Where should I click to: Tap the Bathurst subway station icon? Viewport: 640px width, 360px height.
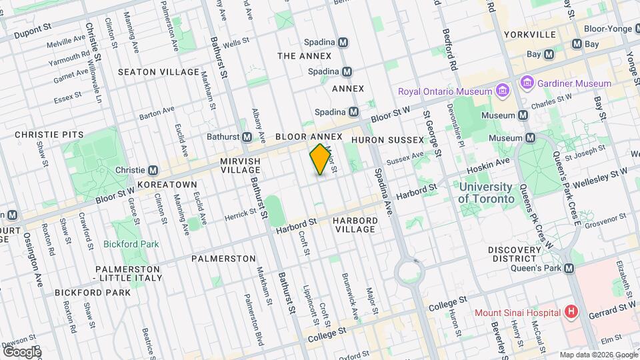coord(247,137)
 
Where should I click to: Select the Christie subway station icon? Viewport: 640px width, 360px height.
coord(153,170)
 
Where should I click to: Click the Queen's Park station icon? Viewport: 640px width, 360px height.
coord(569,268)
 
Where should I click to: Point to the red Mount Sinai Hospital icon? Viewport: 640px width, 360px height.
coord(571,312)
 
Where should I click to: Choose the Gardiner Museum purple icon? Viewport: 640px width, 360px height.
coord(527,83)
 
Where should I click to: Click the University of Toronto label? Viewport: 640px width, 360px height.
coord(486,193)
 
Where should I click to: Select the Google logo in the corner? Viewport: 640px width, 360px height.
coord(22,351)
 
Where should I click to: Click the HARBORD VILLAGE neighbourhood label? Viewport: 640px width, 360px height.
coord(355,225)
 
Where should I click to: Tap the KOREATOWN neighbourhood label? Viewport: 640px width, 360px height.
coord(167,184)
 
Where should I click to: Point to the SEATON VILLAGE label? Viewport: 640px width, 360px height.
coord(158,71)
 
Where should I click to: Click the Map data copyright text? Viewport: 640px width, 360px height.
coord(598,354)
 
